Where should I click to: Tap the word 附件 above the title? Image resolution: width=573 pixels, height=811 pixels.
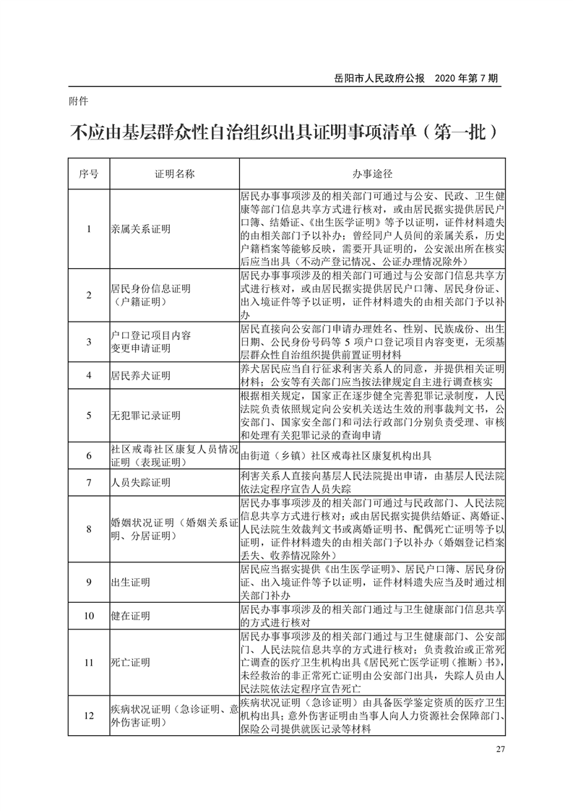[x=77, y=102]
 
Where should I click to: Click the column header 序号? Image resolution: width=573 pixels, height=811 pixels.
[x=88, y=175]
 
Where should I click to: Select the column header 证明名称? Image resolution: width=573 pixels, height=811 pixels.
[x=173, y=175]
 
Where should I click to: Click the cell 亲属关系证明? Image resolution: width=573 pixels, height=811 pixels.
[x=140, y=229]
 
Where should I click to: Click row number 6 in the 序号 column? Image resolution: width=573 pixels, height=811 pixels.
[x=88, y=455]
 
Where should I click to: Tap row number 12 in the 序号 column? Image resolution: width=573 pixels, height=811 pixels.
[x=88, y=716]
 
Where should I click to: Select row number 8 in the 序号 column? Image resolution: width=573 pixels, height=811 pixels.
[x=88, y=529]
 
